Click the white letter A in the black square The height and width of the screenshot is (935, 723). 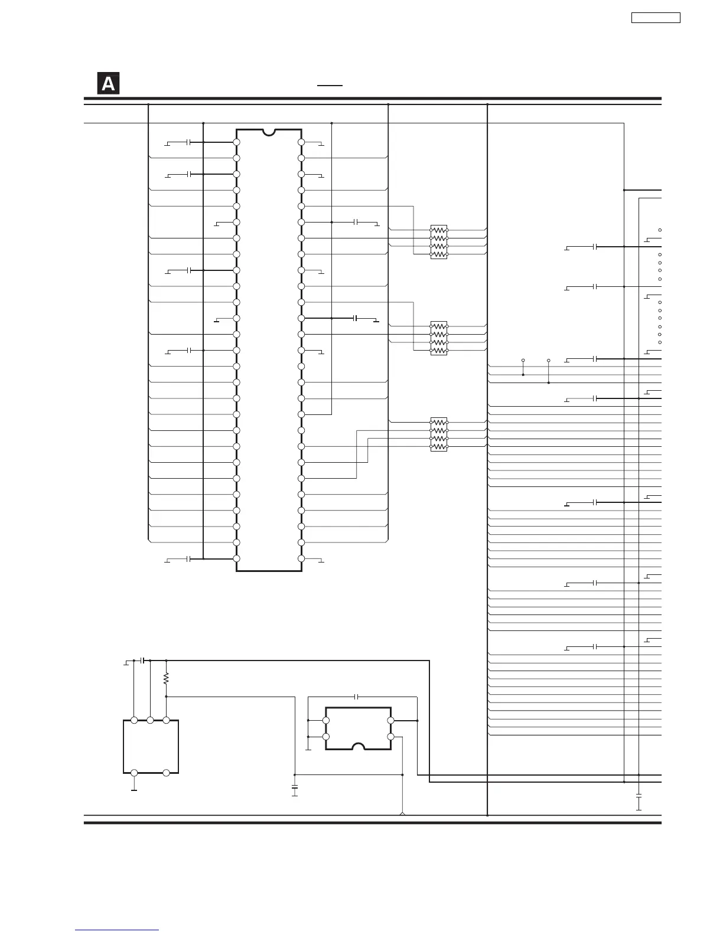(108, 84)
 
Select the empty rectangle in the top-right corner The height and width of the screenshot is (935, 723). (656, 18)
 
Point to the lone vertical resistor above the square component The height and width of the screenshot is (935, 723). (166, 679)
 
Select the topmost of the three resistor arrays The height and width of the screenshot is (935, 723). (439, 242)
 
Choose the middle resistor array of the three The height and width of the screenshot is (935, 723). (439, 338)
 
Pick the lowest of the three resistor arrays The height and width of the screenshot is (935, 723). (439, 434)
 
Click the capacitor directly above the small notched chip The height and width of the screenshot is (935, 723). (356, 697)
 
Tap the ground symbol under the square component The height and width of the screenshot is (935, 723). (134, 790)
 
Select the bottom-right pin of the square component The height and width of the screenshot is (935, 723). (166, 773)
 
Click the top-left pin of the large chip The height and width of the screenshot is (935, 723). (236, 142)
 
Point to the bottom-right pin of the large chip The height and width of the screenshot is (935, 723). (301, 558)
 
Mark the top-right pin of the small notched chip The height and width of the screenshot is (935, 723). (390, 720)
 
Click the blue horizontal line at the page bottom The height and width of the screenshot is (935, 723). (117, 930)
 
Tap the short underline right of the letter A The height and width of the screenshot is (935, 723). (330, 86)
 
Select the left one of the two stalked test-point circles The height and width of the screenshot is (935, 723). (523, 360)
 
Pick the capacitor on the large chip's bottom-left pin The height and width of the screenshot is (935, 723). (188, 559)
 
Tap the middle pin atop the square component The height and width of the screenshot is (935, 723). (150, 720)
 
